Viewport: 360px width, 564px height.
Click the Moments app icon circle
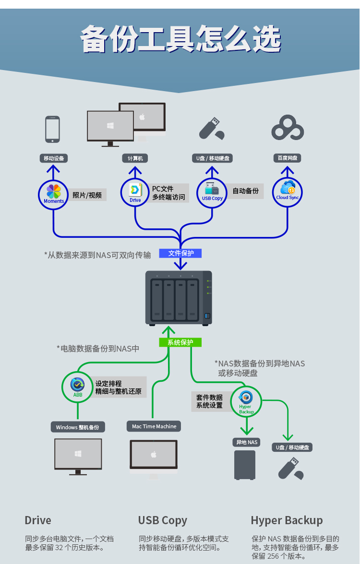tap(53, 195)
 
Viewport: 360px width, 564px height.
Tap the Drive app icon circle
tap(135, 192)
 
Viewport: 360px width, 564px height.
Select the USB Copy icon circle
tap(212, 192)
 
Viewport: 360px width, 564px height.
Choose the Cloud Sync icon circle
tap(287, 192)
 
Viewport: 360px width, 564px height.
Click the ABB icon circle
tap(77, 387)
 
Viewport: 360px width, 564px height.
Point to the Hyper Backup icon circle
tap(246, 401)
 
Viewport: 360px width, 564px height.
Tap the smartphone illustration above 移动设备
tap(53, 129)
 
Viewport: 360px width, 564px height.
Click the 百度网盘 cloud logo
tap(288, 128)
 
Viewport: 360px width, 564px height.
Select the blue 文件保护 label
tap(180, 253)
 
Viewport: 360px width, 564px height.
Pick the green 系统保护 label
tap(180, 342)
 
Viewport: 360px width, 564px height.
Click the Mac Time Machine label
tap(154, 426)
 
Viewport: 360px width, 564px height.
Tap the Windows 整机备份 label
tap(78, 427)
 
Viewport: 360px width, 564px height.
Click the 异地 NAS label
tap(247, 442)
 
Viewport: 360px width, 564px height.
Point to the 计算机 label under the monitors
tap(135, 158)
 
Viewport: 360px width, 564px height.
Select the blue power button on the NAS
tap(207, 316)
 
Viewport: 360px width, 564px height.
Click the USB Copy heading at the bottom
tap(163, 520)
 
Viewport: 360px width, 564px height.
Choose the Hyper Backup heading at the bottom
tap(287, 520)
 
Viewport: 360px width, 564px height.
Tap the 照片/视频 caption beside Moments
tap(87, 195)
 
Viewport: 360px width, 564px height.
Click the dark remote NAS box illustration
tap(245, 465)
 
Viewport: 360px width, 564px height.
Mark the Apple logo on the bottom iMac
tap(154, 454)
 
